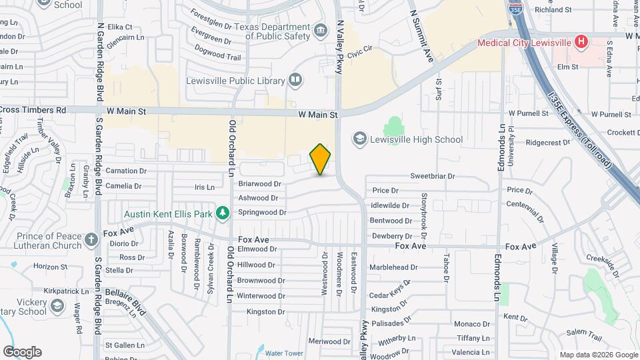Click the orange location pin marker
coord(321,159)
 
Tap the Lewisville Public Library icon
coord(295,81)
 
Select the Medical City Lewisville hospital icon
coord(581,42)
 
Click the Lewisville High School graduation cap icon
coord(360,139)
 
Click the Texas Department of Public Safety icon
coord(320,30)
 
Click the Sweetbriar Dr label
coord(432,177)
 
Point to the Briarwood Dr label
coord(260,183)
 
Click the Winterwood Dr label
coord(261,295)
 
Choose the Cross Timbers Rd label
coord(33,110)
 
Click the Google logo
coord(22,352)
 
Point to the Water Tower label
coord(284,353)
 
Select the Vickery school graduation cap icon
coord(58,305)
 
